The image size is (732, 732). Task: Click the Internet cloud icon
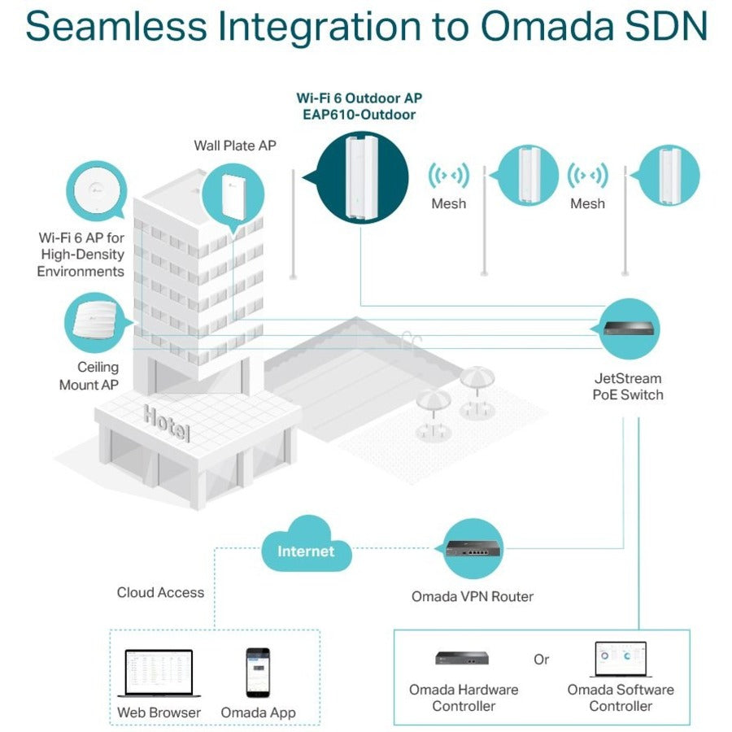306,551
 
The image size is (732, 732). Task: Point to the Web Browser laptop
159,673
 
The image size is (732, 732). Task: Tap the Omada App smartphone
258,672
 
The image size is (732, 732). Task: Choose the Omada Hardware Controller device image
463,658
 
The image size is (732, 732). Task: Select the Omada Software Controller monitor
620,660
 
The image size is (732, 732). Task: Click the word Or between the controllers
542,660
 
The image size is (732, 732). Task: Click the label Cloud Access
160,592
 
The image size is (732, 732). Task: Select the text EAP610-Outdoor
359,115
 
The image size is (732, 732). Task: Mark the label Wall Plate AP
234,146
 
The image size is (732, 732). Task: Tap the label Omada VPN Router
472,596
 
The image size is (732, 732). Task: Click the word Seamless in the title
117,27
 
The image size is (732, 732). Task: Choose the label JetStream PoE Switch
628,386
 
